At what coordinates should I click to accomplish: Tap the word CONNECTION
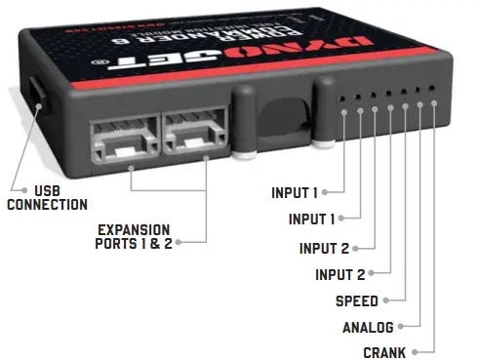47,205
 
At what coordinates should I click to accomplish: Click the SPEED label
357,301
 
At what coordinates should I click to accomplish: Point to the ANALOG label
367,327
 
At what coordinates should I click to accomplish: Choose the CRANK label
383,352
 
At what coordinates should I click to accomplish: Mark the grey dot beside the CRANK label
416,351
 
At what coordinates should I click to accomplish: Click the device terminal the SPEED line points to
404,106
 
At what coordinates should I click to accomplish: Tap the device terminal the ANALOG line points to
420,105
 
